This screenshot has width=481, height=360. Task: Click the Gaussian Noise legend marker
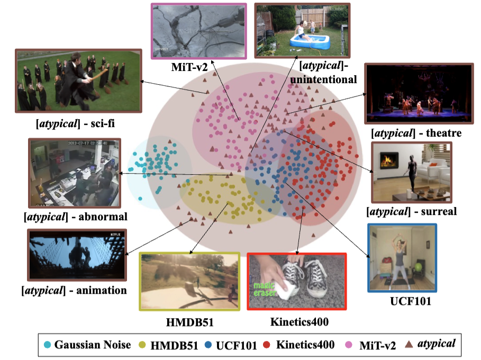pyautogui.click(x=48, y=345)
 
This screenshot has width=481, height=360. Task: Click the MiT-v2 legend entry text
pyautogui.click(x=378, y=345)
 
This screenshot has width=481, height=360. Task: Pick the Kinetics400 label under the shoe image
pyautogui.click(x=296, y=321)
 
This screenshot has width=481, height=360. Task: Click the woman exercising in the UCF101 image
pyautogui.click(x=396, y=257)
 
